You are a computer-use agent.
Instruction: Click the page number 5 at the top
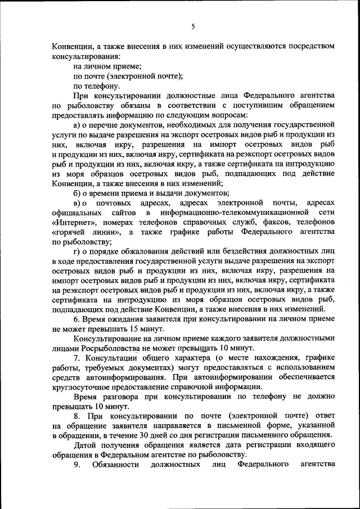tap(192, 26)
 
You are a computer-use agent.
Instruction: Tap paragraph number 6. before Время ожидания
tap(77, 318)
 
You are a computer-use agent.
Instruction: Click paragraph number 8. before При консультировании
tap(77, 416)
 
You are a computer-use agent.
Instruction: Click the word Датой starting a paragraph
tap(85, 446)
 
